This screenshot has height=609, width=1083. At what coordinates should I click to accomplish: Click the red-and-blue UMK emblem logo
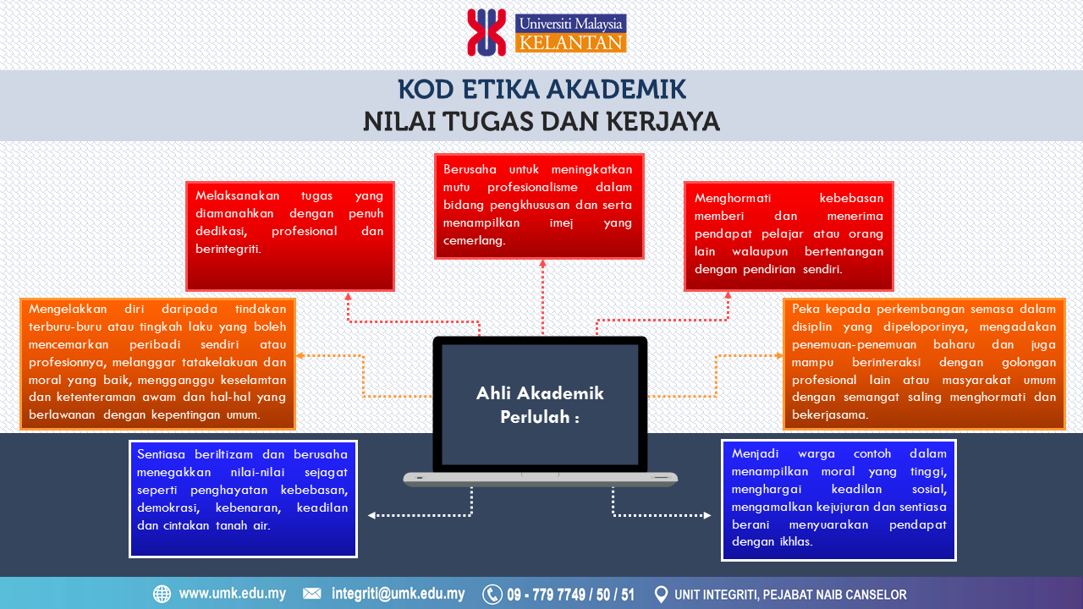487,32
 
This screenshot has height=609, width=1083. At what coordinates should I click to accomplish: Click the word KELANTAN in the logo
570,43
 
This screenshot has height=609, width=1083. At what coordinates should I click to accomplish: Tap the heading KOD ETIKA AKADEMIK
541,90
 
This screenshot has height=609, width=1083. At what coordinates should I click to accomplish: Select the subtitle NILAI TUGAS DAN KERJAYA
541,121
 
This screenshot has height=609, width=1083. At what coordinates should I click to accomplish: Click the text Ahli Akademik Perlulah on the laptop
540,405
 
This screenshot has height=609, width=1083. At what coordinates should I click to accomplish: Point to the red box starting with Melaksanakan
290,236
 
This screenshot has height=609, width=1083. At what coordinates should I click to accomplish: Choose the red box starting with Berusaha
539,206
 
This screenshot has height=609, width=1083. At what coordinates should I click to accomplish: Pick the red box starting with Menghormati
789,236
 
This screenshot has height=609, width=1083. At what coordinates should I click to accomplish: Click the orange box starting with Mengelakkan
157,364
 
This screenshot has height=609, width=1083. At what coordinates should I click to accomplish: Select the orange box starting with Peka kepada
924,364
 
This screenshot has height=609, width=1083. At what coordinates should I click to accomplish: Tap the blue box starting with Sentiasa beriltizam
243,499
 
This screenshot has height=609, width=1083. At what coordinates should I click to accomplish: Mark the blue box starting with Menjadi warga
838,500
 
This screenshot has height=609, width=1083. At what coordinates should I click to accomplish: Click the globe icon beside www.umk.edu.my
162,594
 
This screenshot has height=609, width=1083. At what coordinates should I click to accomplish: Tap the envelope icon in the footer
312,594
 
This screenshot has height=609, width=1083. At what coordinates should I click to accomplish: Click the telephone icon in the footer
492,595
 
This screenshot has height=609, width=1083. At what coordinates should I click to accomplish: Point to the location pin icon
661,595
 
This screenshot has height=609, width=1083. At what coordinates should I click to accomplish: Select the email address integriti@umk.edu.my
398,594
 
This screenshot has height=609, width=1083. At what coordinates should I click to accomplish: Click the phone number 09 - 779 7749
547,595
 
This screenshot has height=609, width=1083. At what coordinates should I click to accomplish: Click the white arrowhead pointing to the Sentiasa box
371,516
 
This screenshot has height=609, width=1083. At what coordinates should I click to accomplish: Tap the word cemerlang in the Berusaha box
474,241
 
